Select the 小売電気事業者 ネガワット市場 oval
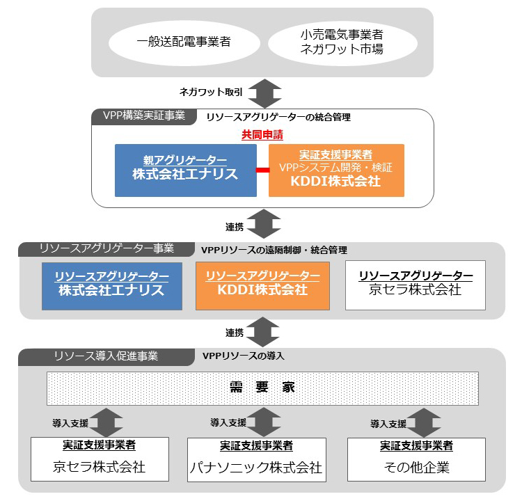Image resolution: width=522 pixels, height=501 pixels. tap(342, 41)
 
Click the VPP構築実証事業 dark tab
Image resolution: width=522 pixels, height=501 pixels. tap(143, 116)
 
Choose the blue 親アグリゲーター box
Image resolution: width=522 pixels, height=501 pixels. tap(185, 170)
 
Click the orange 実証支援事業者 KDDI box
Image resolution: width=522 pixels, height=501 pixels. tap(335, 170)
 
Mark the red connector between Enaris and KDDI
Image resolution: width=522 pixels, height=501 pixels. tap(262, 170)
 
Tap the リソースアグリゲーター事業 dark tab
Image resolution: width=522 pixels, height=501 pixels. tap(105, 248)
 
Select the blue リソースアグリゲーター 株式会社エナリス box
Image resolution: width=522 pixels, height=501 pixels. tap(112, 285)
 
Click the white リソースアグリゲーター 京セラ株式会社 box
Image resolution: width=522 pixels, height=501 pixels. tap(416, 285)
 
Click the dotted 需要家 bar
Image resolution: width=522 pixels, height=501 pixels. tap(262, 388)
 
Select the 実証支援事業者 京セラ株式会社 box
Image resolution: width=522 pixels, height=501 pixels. tap(100, 459)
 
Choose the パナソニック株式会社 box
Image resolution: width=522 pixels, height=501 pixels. tap(256, 459)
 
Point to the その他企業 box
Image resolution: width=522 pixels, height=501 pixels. tap(416, 459)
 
